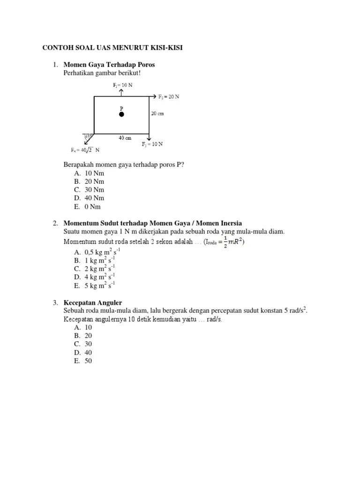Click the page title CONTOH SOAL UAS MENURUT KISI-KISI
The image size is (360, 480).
click(112, 48)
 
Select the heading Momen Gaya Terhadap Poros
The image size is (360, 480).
click(109, 64)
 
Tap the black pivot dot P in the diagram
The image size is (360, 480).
click(121, 114)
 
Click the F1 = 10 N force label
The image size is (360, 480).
click(122, 85)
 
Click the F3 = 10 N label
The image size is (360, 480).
click(152, 144)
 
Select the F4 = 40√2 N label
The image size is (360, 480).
click(85, 150)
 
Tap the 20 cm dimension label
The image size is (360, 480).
click(157, 113)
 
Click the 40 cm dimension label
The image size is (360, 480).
click(125, 138)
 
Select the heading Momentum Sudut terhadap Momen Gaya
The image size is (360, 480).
click(152, 223)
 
